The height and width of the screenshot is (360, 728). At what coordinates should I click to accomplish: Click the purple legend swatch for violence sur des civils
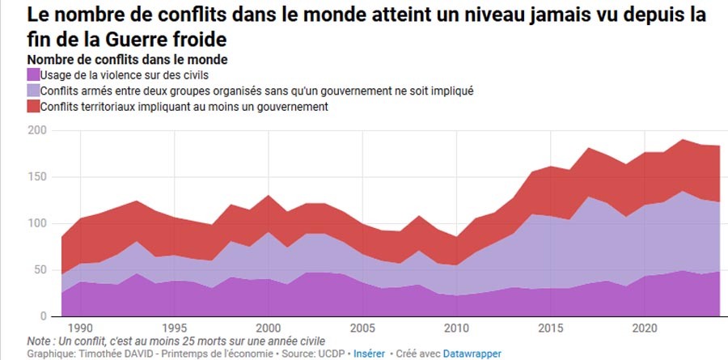pos(32,75)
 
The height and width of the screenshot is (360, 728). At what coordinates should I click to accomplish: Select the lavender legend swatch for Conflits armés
pos(32,91)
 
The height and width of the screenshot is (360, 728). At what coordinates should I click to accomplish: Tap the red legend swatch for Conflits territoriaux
pos(32,106)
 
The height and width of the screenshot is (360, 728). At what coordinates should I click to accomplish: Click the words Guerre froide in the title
pos(169,38)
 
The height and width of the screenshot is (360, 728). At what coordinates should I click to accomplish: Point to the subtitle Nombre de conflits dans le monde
pos(127,60)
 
